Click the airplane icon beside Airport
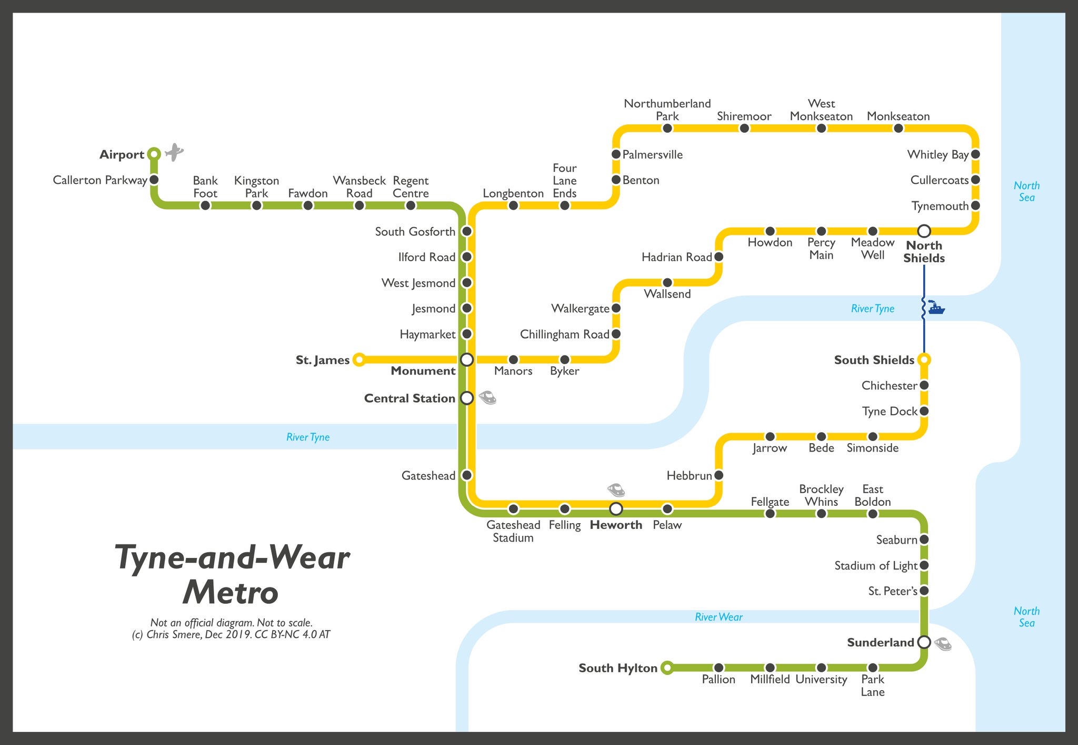174,152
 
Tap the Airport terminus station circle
154,154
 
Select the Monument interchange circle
467,359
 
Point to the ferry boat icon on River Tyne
935,308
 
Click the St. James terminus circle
359,359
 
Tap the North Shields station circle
924,231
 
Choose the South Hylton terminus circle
667,668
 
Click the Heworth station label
616,525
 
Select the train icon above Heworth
616,490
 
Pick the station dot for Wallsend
667,282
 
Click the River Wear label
718,617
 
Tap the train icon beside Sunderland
943,643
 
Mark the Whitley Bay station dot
975,154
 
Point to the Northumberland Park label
667,110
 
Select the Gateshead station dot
467,475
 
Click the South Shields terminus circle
924,359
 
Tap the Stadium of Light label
875,565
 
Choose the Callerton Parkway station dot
154,180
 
